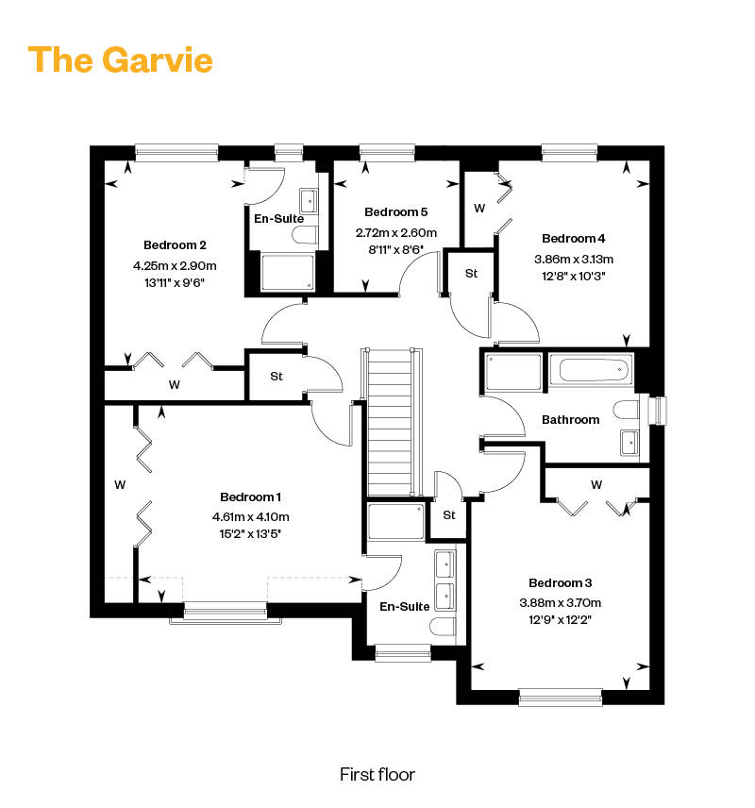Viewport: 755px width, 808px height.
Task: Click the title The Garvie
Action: click(x=120, y=59)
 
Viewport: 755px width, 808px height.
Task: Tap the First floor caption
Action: click(x=377, y=775)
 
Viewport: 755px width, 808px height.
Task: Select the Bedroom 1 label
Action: click(x=250, y=497)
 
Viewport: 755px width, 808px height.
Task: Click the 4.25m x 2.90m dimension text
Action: click(x=175, y=266)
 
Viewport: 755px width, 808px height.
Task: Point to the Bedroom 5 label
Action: click(x=395, y=211)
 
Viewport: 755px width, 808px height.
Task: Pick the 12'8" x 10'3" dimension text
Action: click(x=573, y=276)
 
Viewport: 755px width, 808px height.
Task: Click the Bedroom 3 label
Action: click(x=561, y=582)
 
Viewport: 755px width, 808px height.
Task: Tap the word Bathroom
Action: click(x=571, y=419)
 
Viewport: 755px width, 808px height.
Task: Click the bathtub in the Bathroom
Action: click(x=591, y=369)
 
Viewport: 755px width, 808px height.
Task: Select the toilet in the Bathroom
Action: click(x=626, y=411)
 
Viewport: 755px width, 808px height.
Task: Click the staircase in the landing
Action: click(x=391, y=423)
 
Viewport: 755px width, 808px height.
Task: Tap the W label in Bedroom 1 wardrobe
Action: click(x=120, y=485)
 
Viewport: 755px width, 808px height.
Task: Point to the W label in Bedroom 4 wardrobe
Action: click(x=479, y=209)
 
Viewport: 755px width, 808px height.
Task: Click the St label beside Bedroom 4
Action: click(x=472, y=273)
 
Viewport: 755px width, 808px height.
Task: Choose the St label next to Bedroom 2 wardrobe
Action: click(x=277, y=377)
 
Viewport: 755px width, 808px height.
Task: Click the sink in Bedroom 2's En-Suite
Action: click(x=309, y=201)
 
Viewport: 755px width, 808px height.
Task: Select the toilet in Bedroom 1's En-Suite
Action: click(x=443, y=627)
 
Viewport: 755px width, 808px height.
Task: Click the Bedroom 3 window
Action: click(x=561, y=698)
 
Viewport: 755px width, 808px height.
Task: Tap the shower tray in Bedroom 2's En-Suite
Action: click(x=288, y=272)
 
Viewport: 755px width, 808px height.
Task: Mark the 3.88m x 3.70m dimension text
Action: click(x=561, y=602)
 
